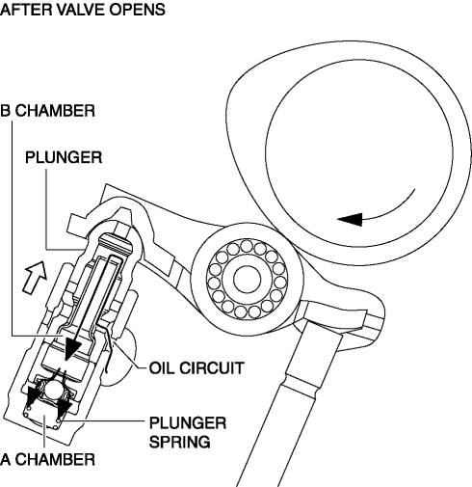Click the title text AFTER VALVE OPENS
[x=83, y=10]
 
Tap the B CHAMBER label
[x=47, y=111]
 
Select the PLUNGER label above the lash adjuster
[x=64, y=157]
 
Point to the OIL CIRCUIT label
[x=197, y=367]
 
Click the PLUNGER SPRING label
[x=188, y=432]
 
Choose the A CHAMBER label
[x=47, y=459]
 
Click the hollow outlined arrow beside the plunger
[x=35, y=277]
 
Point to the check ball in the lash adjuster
[x=54, y=391]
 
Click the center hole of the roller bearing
[x=247, y=279]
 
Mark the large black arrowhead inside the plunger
[x=71, y=348]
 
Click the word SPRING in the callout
[x=180, y=442]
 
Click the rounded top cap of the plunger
[x=115, y=242]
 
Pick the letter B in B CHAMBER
[x=6, y=111]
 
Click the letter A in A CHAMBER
[x=6, y=459]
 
